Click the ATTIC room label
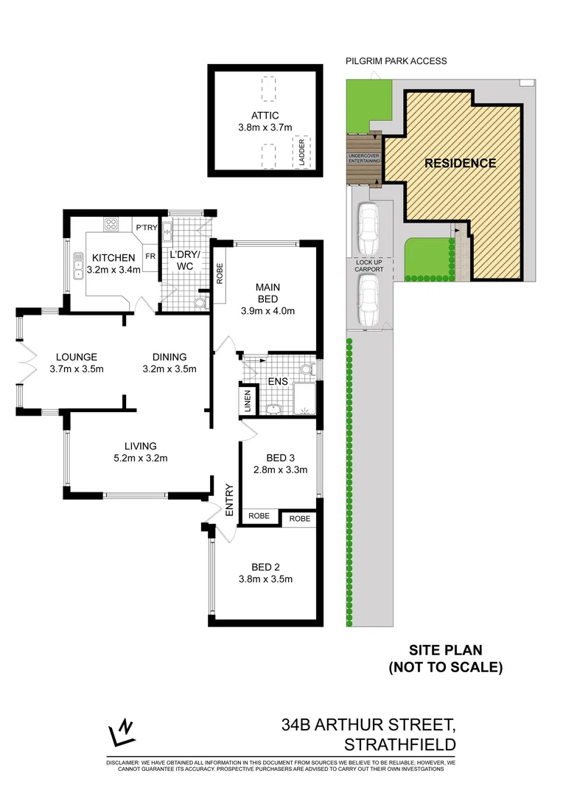pos(265,114)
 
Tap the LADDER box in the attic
pos(301,153)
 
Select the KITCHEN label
pos(113,257)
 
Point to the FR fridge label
pos(150,256)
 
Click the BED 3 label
pos(276,458)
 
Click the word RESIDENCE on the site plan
pos(460,164)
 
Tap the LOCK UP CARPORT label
pos(369,265)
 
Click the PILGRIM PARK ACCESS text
pos(396,61)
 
